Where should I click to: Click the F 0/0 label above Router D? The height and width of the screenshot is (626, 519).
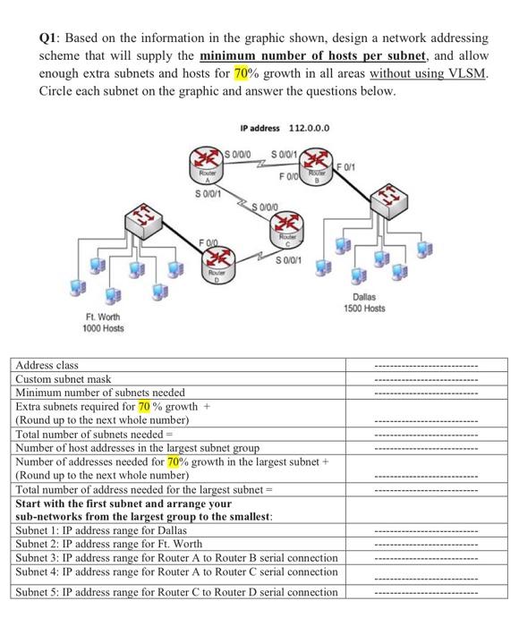[x=208, y=240]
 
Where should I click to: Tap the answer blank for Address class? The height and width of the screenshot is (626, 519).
[x=426, y=365]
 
